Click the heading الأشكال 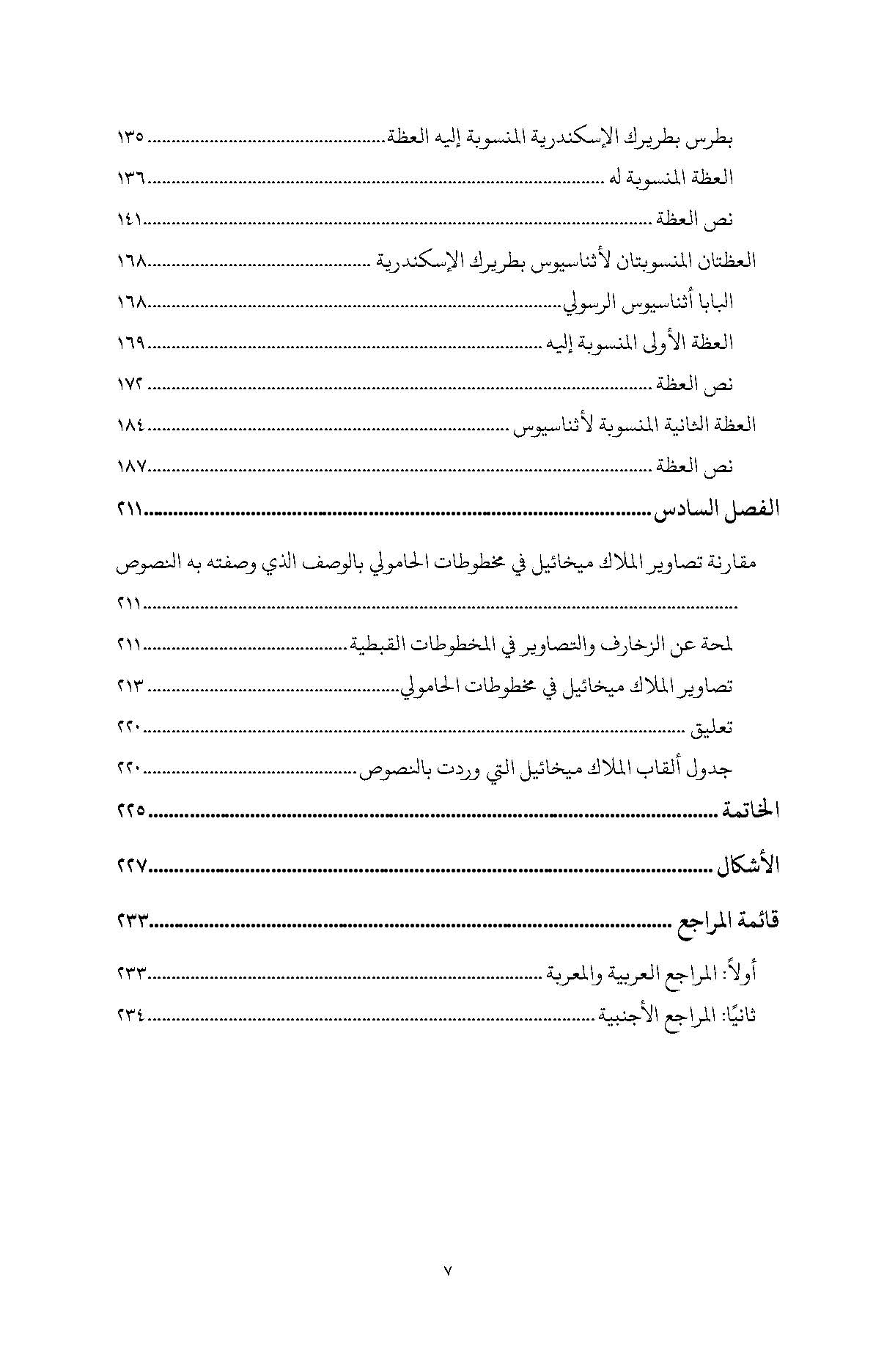click(x=747, y=866)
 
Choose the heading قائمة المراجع click(x=726, y=921)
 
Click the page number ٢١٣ click(x=130, y=687)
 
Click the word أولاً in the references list click(x=740, y=974)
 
